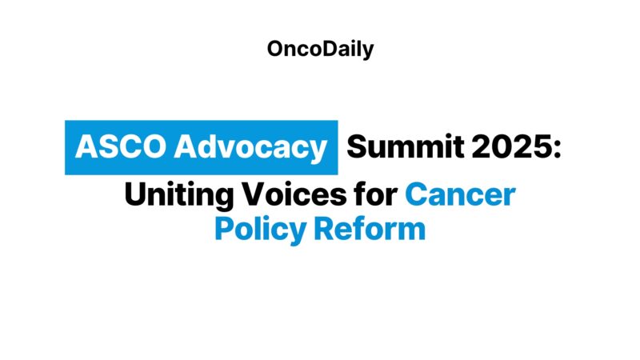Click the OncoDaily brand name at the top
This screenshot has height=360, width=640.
coord(320,49)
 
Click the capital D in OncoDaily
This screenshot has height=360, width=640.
coord(324,49)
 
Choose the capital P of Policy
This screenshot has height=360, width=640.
coord(225,230)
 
